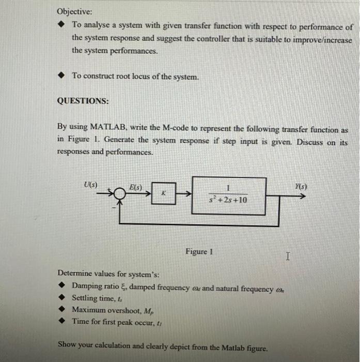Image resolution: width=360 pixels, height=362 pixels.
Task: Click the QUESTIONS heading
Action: pyautogui.click(x=83, y=101)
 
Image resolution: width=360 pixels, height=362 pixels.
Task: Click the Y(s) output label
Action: pyautogui.click(x=299, y=185)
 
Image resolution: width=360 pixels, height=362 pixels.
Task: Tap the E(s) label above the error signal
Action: pyautogui.click(x=136, y=186)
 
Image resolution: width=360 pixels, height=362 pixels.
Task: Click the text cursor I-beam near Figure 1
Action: pyautogui.click(x=288, y=255)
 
